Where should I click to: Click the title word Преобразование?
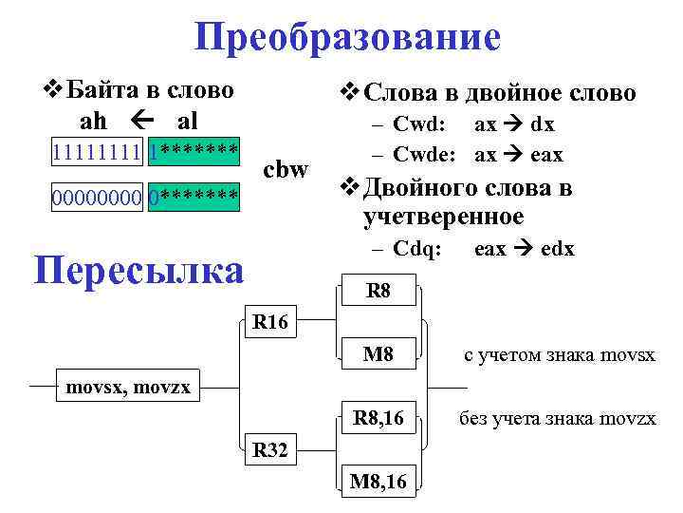tap(347, 38)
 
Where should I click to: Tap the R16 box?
tap(270, 322)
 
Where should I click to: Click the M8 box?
tap(378, 355)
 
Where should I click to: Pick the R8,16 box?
tap(378, 417)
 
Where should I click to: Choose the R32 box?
tap(270, 449)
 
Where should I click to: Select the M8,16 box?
tap(378, 482)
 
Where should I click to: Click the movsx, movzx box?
tap(128, 387)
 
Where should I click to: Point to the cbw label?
tap(285, 170)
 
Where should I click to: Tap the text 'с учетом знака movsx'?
tap(559, 355)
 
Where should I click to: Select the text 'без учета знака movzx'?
tap(558, 418)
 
